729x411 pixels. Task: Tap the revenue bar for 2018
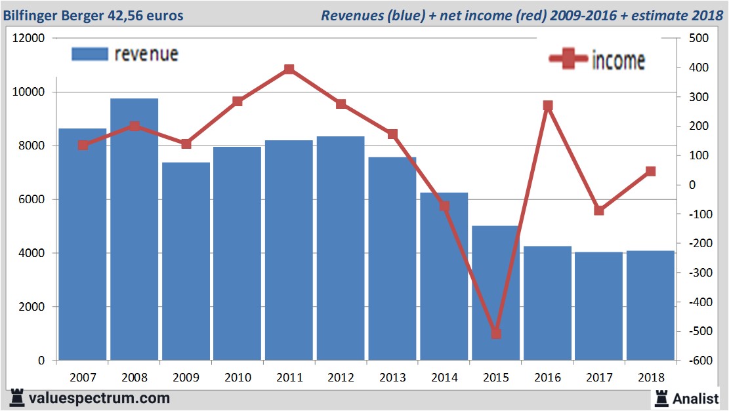pyautogui.click(x=650, y=305)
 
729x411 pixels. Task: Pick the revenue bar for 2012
pyautogui.click(x=341, y=249)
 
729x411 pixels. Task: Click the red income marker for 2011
pyautogui.click(x=289, y=69)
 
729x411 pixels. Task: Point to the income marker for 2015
pyautogui.click(x=496, y=334)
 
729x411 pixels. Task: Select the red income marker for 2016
pyautogui.click(x=548, y=106)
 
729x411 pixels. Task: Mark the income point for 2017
pyautogui.click(x=599, y=210)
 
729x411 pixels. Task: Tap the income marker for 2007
pyautogui.click(x=83, y=146)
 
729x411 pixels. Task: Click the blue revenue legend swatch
pyautogui.click(x=89, y=54)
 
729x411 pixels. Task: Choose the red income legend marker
pyautogui.click(x=568, y=59)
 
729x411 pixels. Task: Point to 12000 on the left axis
pyautogui.click(x=29, y=38)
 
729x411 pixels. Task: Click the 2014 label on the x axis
pyautogui.click(x=444, y=378)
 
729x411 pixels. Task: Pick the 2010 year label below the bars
pyautogui.click(x=238, y=378)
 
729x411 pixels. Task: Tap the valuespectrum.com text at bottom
pyautogui.click(x=99, y=398)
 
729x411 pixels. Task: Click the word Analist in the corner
pyautogui.click(x=696, y=397)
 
